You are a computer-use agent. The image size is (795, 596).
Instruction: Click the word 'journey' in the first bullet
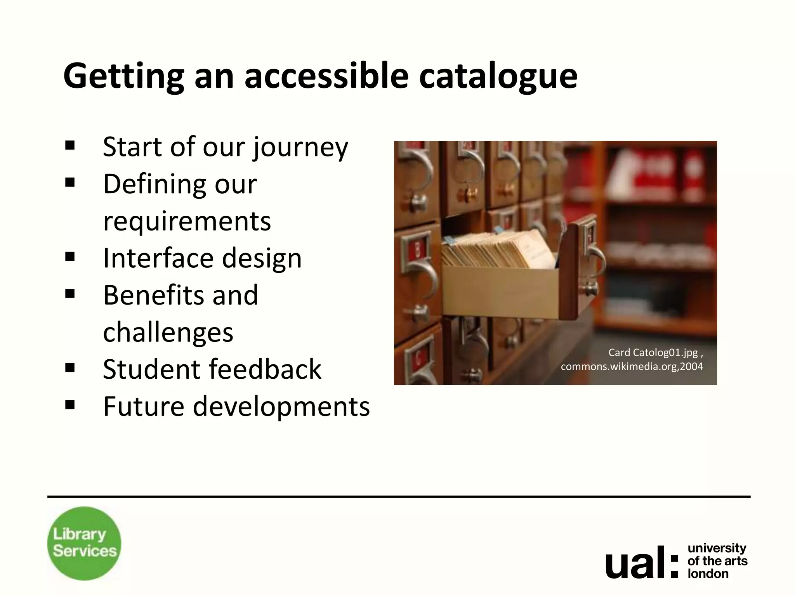[x=301, y=147]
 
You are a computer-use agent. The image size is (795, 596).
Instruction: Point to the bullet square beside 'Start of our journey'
[x=70, y=146]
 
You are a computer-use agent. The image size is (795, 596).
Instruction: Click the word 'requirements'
[x=187, y=221]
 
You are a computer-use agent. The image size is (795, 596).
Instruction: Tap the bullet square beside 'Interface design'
[x=70, y=256]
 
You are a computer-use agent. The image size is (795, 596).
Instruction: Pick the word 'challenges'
[x=168, y=332]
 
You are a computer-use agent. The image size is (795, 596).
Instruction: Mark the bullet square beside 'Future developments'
[x=70, y=405]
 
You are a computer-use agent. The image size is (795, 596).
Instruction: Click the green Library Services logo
[x=84, y=543]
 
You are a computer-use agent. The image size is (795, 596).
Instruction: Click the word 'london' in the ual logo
[x=708, y=573]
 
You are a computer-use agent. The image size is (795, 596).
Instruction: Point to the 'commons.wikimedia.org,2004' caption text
[x=632, y=366]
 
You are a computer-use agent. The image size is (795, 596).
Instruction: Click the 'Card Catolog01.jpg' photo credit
[x=653, y=352]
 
